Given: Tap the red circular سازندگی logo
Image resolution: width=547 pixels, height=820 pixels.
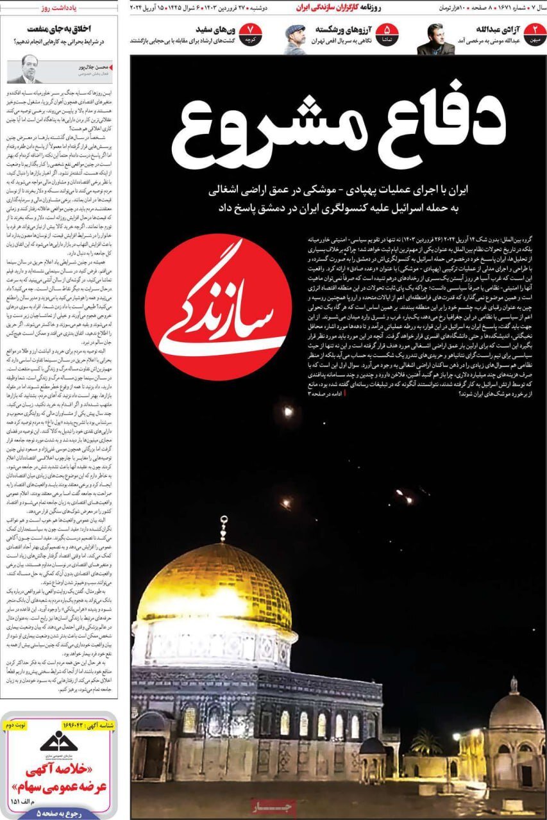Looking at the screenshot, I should (218, 307).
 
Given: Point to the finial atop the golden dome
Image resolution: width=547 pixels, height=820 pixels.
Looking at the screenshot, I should (223, 529).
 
